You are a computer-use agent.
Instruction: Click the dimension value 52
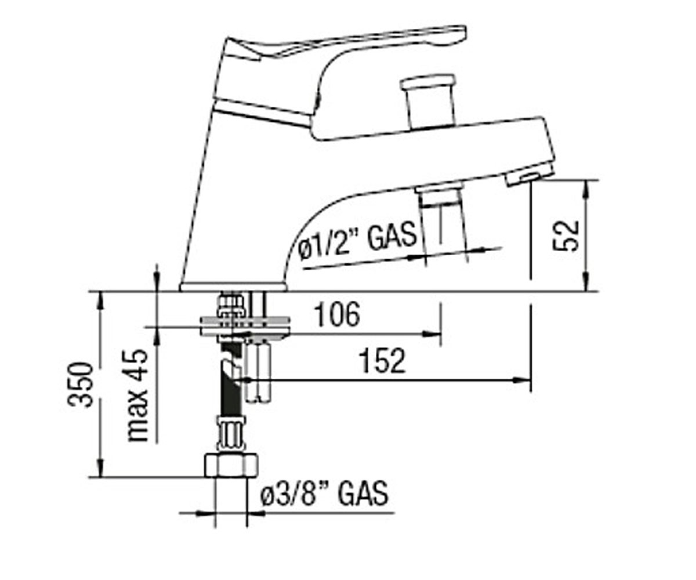pos(565,235)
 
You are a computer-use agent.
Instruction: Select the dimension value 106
pos(338,314)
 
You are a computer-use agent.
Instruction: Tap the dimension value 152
pos(383,360)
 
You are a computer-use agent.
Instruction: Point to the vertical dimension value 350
pos(81,385)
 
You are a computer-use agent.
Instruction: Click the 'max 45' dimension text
pos(137,396)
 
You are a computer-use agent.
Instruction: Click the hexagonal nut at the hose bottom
pos(231,465)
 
